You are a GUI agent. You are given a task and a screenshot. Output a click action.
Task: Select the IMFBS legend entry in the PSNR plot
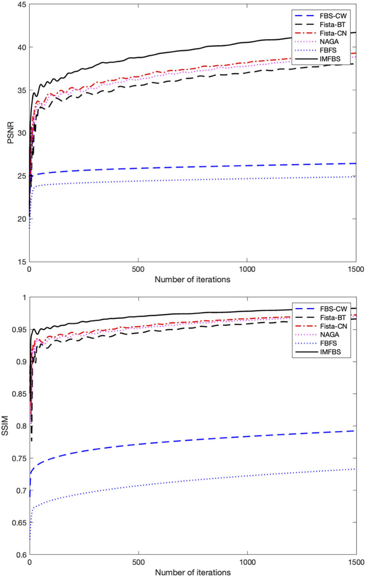(330, 59)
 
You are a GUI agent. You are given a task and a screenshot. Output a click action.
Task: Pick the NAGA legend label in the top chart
(329, 41)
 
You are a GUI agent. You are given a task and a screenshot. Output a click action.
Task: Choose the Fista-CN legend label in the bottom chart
(333, 326)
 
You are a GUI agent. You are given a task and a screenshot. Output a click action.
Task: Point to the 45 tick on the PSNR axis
(21, 4)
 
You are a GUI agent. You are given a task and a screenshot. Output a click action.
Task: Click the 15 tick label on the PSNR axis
(21, 262)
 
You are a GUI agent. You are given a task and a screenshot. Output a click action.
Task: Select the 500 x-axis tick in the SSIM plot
(139, 562)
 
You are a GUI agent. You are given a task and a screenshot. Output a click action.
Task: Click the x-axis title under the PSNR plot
(192, 280)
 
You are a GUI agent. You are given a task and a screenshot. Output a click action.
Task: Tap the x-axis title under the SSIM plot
(193, 572)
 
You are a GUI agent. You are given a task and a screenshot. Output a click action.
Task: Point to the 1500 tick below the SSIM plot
(356, 562)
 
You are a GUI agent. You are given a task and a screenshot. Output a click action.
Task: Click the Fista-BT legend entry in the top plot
(332, 25)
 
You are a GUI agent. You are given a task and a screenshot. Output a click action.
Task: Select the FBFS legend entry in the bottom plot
(328, 343)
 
